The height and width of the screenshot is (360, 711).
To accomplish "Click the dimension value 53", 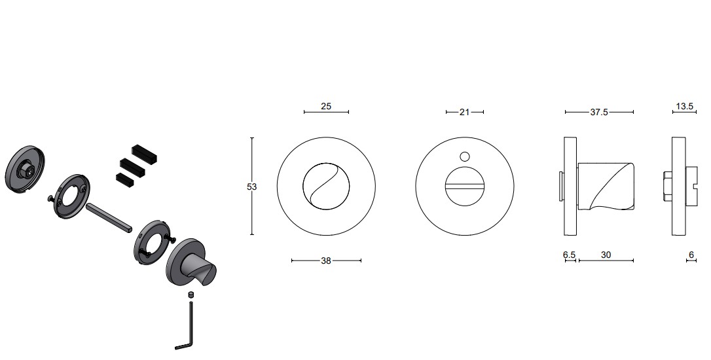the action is pos(251,187).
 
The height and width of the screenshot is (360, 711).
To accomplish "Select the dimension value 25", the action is pos(326,106).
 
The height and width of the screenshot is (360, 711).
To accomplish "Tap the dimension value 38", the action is pos(326,261).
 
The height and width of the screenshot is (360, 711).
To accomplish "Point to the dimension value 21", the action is pos(464,112).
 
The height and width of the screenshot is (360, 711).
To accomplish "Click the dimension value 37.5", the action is pos(598,112).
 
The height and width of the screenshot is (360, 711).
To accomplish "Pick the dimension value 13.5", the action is pos(684,106).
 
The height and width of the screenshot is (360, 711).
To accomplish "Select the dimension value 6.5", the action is pos(569,255).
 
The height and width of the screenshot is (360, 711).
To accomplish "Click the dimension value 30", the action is pos(606,255).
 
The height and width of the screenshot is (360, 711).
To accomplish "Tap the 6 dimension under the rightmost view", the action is pos(691,255).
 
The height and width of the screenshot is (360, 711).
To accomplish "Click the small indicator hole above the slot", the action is pos(465,156).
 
